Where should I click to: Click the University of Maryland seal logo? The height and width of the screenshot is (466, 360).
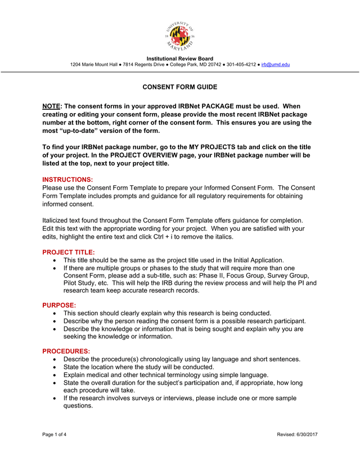click(180, 37)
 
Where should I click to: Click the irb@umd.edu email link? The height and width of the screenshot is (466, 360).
click(276, 65)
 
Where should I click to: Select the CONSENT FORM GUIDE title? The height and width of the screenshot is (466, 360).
click(179, 87)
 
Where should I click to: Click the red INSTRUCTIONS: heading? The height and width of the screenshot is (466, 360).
click(67, 180)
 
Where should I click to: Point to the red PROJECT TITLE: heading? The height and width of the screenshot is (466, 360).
click(69, 252)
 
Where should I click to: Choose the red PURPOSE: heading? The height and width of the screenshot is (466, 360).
click(59, 305)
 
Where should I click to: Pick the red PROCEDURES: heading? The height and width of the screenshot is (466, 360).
click(66, 351)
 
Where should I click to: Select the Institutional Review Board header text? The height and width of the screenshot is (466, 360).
click(180, 59)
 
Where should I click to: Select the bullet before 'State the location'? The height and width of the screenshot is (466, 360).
click(54, 367)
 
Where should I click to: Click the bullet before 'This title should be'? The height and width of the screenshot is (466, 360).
click(54, 261)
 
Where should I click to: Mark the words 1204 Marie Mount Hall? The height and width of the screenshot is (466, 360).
click(93, 65)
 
